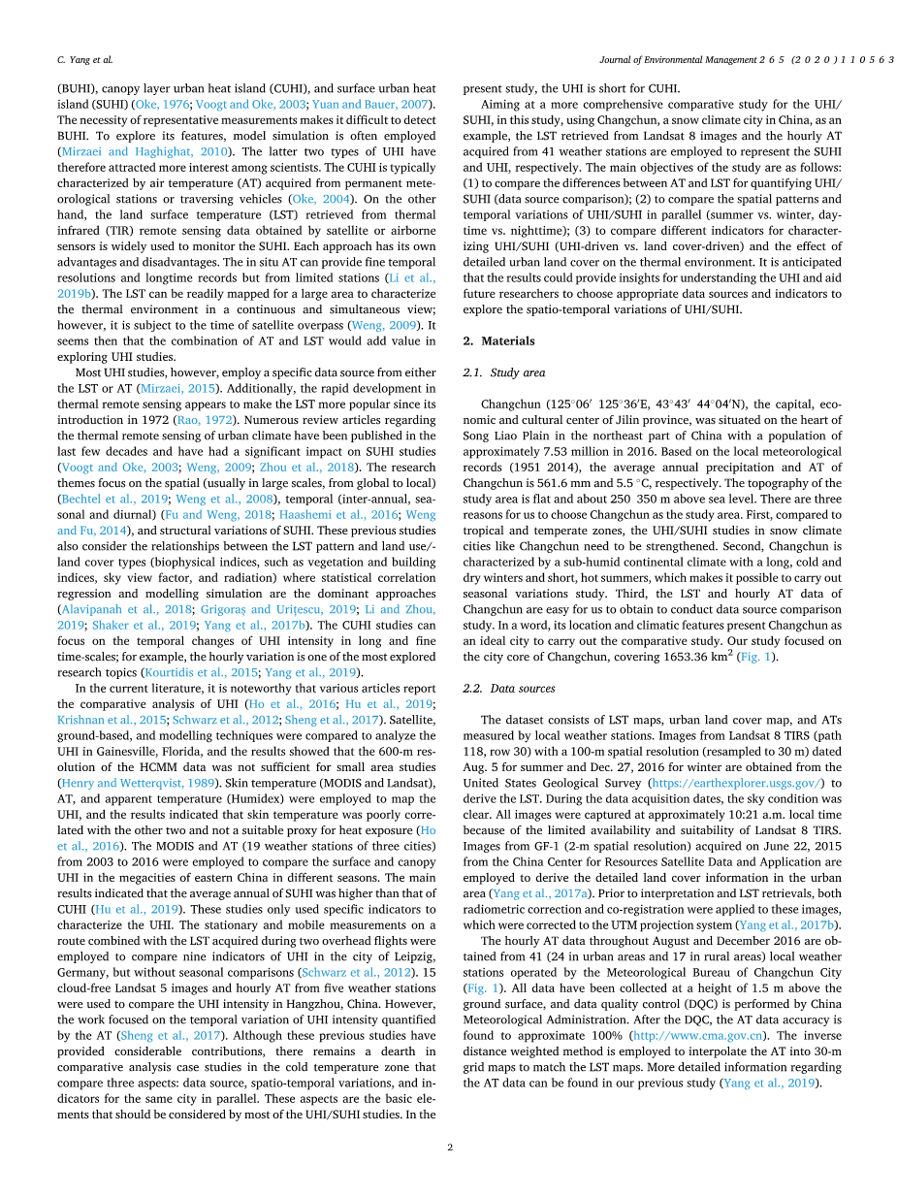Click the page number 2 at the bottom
tap(450, 1147)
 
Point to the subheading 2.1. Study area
tap(503, 372)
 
